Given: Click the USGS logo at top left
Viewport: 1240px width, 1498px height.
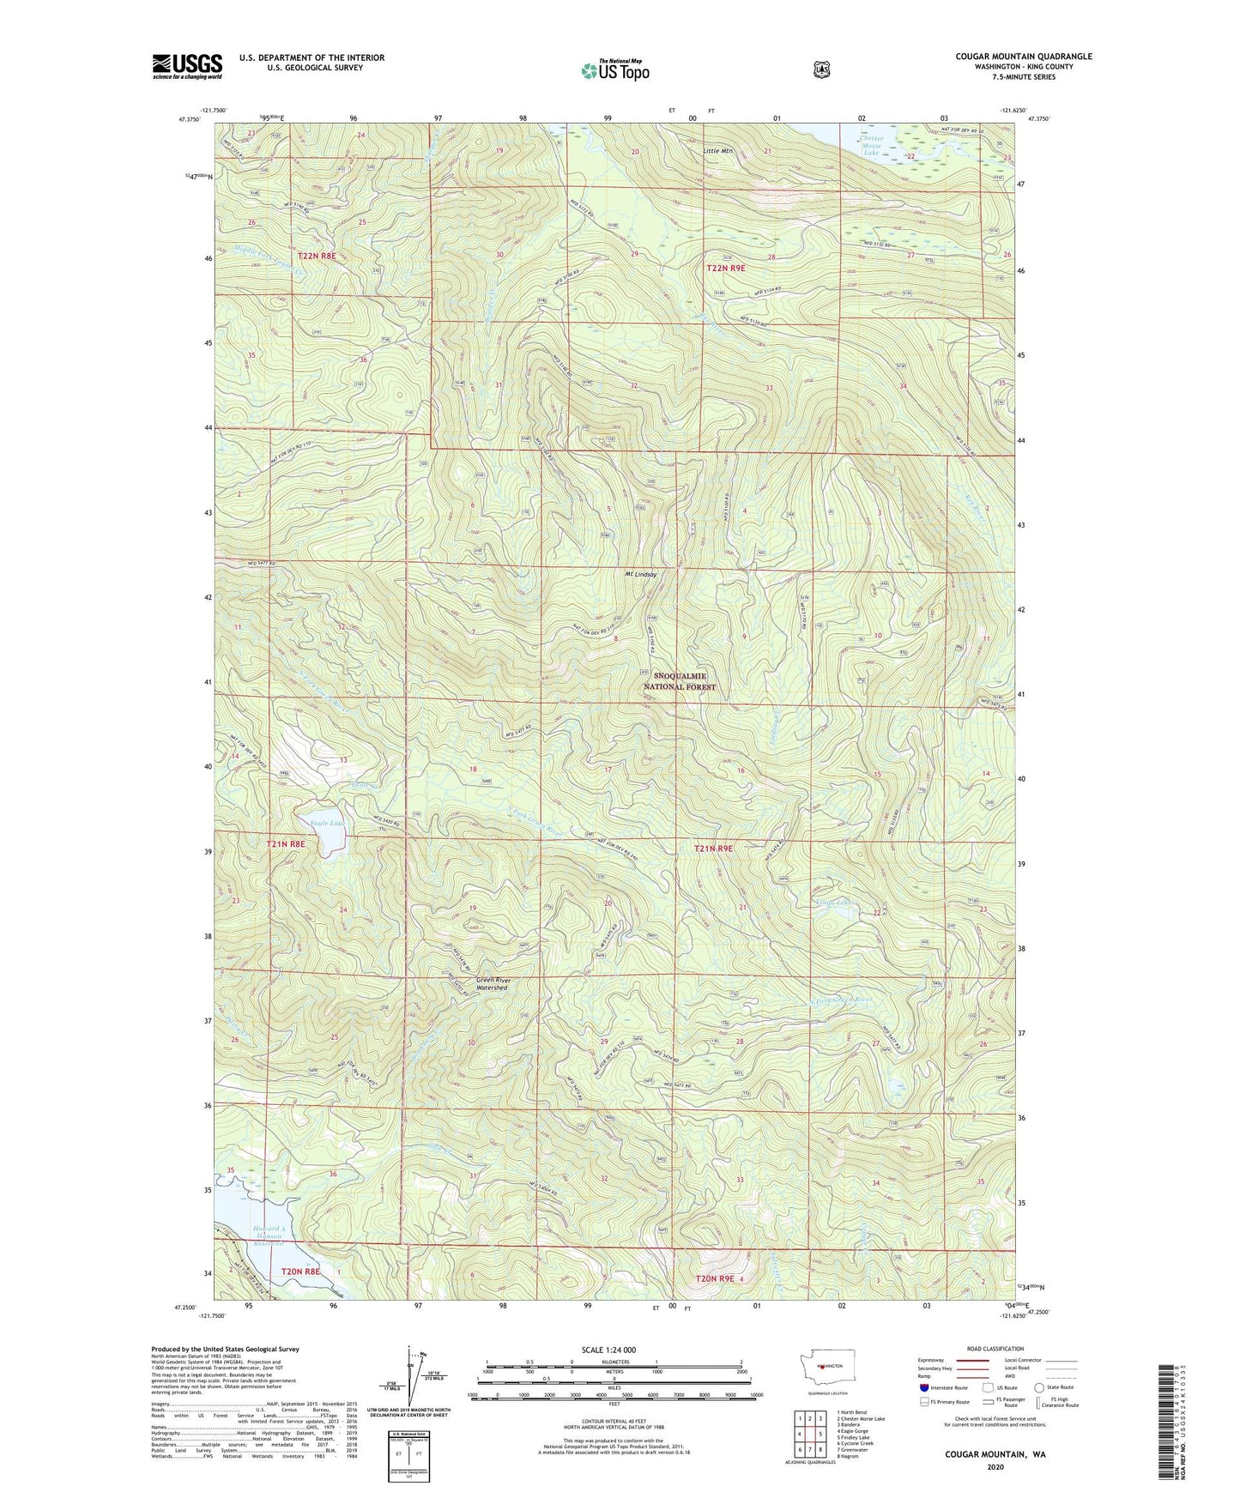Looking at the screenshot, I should point(187,66).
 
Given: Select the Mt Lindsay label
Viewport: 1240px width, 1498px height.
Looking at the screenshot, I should point(639,575).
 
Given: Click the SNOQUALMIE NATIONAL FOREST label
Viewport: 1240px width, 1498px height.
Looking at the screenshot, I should point(680,681).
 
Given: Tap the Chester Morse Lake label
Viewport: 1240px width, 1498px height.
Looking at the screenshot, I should point(872,145).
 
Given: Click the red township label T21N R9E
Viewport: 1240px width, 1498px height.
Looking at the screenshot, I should point(713,849).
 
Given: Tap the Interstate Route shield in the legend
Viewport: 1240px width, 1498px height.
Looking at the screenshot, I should point(923,1386).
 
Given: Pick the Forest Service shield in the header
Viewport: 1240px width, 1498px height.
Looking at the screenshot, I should point(821,69).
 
